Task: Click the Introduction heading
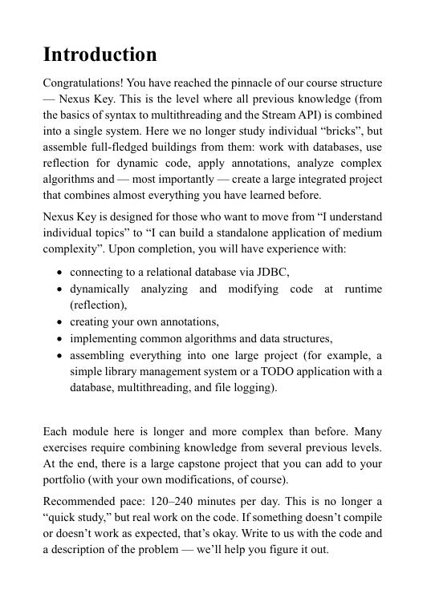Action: (100, 55)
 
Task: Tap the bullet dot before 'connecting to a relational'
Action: (60, 273)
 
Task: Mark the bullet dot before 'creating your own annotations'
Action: (60, 322)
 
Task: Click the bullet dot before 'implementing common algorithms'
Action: (60, 338)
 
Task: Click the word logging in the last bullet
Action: (252, 388)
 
